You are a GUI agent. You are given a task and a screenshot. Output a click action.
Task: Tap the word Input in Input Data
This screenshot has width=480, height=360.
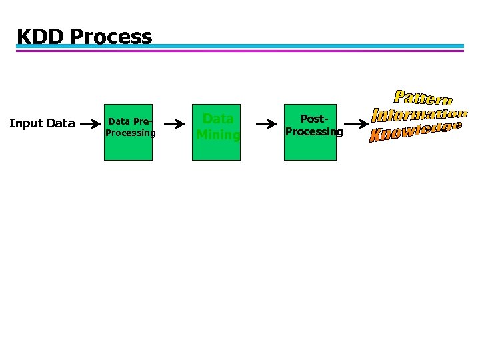click(27, 123)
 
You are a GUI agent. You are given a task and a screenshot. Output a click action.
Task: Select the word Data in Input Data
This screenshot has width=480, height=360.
click(61, 123)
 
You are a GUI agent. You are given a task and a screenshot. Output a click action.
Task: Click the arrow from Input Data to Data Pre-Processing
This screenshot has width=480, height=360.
click(90, 124)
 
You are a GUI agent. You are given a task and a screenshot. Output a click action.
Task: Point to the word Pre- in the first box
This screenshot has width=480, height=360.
click(143, 121)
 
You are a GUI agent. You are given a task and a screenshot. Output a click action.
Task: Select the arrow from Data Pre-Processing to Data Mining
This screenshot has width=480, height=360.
click(174, 124)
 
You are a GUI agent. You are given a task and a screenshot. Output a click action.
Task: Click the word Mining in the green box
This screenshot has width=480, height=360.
click(218, 135)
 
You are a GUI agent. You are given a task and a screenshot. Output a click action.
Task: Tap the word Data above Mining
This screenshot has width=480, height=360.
click(218, 119)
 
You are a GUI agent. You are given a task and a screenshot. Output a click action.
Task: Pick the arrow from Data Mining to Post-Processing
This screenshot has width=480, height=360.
click(266, 124)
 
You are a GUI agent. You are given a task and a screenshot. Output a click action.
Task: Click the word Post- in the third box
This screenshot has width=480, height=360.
click(314, 119)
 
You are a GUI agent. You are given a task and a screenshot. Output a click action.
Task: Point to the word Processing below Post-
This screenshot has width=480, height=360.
click(314, 131)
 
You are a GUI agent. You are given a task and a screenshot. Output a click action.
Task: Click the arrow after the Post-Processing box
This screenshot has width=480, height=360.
click(358, 123)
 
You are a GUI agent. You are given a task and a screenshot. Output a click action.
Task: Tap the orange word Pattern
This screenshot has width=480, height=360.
click(423, 98)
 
